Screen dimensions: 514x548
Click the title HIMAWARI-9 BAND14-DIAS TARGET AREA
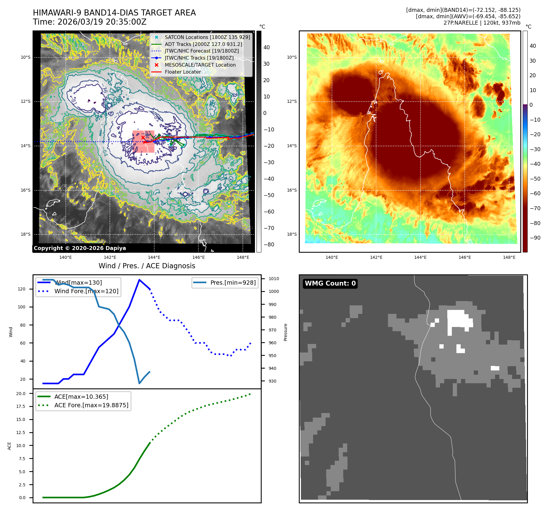click(114, 13)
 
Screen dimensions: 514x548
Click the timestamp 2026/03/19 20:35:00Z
click(102, 22)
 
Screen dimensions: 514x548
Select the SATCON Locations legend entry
click(207, 37)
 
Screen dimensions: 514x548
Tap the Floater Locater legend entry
click(183, 72)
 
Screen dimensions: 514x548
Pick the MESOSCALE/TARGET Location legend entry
click(200, 65)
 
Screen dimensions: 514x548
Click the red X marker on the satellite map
click(143, 138)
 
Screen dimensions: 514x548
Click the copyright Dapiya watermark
click(80, 248)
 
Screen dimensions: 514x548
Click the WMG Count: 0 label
click(330, 283)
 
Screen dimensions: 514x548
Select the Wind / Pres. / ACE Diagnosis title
click(147, 266)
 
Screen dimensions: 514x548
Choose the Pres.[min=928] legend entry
click(233, 283)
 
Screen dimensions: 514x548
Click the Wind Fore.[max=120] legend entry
click(86, 291)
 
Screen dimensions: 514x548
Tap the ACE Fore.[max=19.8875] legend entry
click(91, 405)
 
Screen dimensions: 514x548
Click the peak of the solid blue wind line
click(139, 280)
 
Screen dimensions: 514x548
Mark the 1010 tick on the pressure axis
click(274, 279)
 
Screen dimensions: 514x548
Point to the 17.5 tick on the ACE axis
click(21, 406)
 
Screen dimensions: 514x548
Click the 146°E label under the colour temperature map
click(465, 257)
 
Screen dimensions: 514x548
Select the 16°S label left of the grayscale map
click(26, 190)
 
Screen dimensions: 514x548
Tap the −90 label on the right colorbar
click(535, 238)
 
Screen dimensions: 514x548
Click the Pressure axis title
click(285, 332)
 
